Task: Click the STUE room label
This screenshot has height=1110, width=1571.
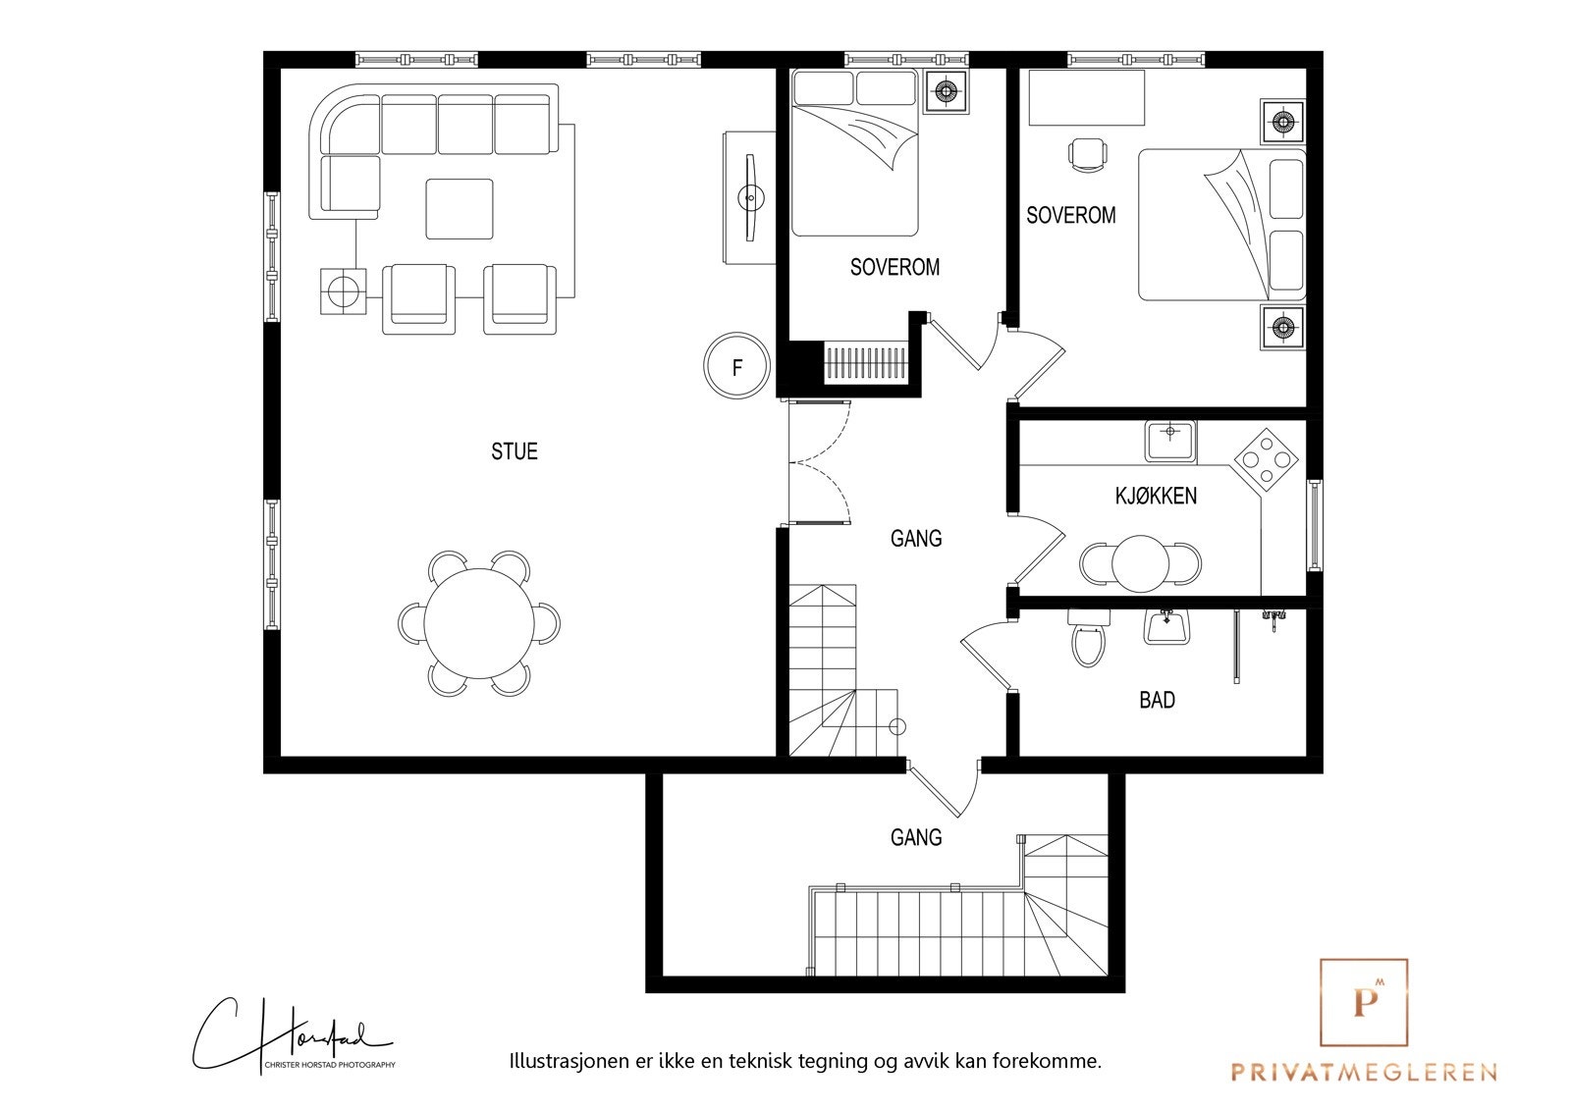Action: [515, 451]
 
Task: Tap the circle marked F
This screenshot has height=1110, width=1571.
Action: [736, 367]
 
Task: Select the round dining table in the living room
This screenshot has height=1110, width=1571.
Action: [479, 623]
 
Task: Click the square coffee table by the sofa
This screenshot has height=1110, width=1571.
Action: [460, 209]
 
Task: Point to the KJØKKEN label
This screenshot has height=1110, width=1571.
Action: [1156, 496]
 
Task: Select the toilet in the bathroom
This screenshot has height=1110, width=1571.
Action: [1088, 639]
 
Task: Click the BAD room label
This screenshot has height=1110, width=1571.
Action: [1157, 700]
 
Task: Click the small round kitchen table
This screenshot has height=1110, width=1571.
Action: [1140, 563]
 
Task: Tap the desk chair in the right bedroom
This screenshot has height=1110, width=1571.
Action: [1087, 154]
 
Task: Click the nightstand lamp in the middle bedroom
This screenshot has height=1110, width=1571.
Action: [946, 91]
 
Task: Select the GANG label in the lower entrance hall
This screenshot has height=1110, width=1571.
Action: [915, 837]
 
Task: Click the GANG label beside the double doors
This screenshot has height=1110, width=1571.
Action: [915, 538]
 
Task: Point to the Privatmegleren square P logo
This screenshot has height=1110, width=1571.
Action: [1363, 1002]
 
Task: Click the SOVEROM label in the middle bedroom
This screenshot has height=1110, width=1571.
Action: [894, 267]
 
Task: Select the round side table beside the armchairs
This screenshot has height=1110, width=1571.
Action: [343, 291]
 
